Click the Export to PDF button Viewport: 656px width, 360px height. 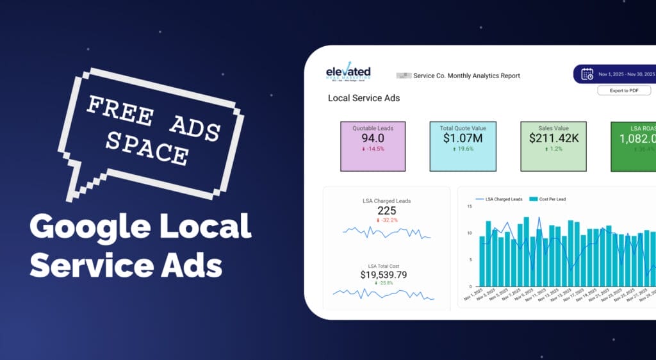pyautogui.click(x=624, y=90)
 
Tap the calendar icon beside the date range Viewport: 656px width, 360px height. pyautogui.click(x=587, y=74)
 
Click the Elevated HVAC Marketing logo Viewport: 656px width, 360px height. pyautogui.click(x=348, y=74)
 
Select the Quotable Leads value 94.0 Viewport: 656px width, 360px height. pyautogui.click(x=372, y=138)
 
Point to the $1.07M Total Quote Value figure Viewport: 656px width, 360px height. pyautogui.click(x=462, y=138)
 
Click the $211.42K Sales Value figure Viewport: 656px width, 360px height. pyautogui.click(x=554, y=137)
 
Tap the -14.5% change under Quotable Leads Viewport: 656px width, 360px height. pyautogui.click(x=375, y=149)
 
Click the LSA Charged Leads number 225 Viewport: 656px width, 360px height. pyautogui.click(x=386, y=211)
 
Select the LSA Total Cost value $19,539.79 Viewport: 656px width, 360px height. pyautogui.click(x=384, y=275)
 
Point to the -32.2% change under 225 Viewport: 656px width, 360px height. pyautogui.click(x=388, y=220)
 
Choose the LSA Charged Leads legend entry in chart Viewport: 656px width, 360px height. pyautogui.click(x=504, y=199)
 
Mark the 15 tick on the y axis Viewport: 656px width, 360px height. pyautogui.click(x=470, y=206)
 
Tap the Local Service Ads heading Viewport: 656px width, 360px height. pyautogui.click(x=363, y=98)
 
